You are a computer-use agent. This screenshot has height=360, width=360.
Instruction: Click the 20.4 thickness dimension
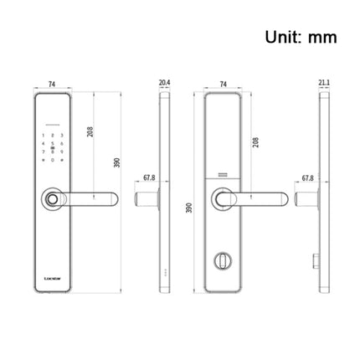pyautogui.click(x=164, y=83)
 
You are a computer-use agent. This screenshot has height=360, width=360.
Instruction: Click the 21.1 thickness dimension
pyautogui.click(x=326, y=83)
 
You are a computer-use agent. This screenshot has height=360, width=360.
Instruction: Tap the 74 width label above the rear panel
pyautogui.click(x=224, y=84)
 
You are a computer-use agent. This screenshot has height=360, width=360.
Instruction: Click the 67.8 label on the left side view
pyautogui.click(x=149, y=178)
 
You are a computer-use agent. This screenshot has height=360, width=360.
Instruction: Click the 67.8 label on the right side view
pyautogui.click(x=307, y=177)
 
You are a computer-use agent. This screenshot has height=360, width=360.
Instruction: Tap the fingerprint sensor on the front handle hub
pyautogui.click(x=52, y=201)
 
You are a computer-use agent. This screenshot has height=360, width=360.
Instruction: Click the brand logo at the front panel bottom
pyautogui.click(x=52, y=272)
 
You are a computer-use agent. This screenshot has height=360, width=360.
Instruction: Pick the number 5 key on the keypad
pyautogui.click(x=52, y=145)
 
